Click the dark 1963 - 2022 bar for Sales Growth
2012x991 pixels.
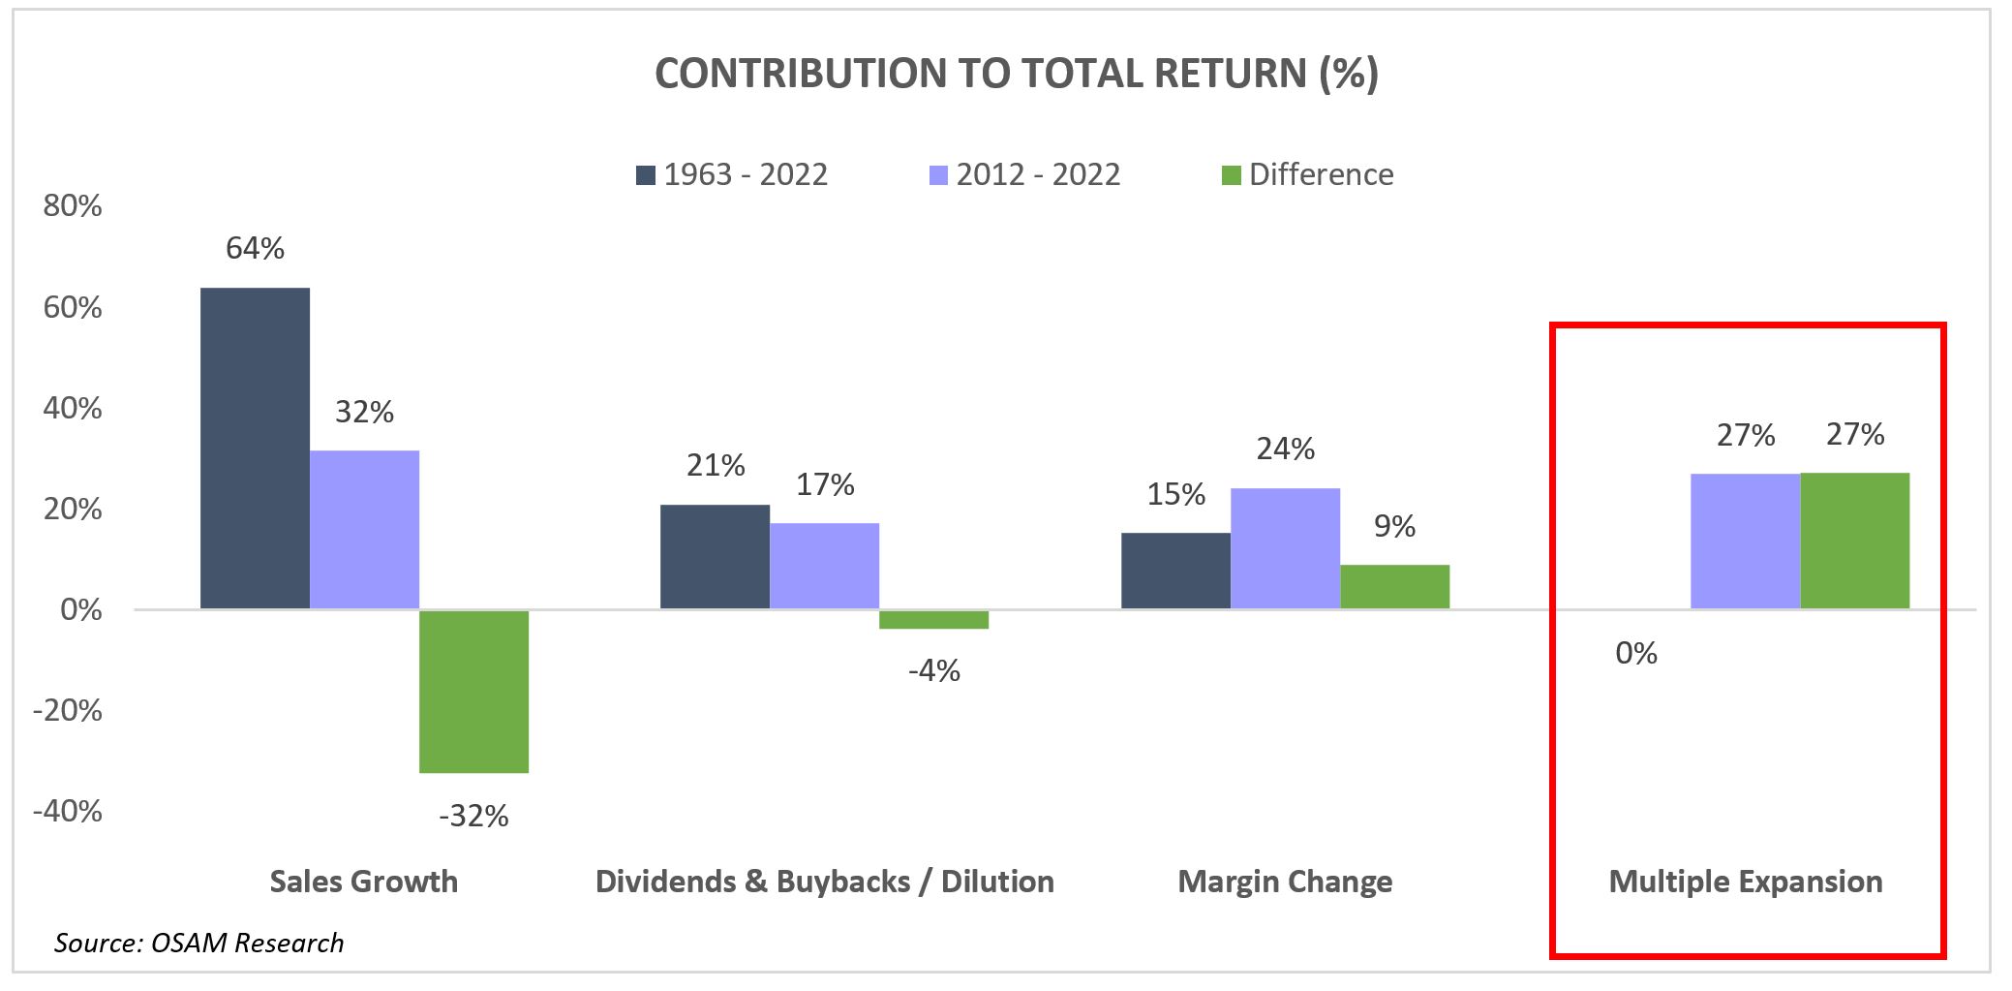click(x=255, y=449)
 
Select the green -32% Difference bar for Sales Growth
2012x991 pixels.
click(x=473, y=691)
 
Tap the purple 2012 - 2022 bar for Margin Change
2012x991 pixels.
click(x=1285, y=548)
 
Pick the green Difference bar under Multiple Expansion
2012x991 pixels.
click(x=1854, y=541)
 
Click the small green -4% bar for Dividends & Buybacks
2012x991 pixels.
click(x=933, y=619)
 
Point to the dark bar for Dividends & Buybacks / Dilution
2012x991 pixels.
click(x=715, y=556)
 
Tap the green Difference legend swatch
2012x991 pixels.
click(x=1231, y=175)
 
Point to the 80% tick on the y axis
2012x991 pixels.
click(x=73, y=205)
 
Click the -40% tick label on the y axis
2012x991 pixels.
click(x=68, y=811)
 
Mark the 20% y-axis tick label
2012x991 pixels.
click(x=73, y=509)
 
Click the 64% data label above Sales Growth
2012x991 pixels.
click(x=255, y=248)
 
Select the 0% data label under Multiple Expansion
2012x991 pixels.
click(x=1635, y=653)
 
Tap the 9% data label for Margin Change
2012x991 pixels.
click(x=1394, y=526)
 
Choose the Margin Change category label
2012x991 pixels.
click(x=1285, y=882)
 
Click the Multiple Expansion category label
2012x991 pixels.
click(x=1745, y=882)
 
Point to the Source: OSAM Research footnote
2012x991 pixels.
click(x=198, y=943)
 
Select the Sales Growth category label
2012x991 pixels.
click(x=363, y=882)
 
